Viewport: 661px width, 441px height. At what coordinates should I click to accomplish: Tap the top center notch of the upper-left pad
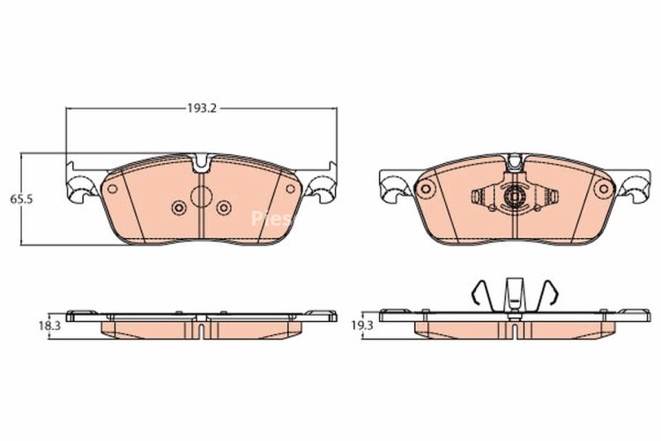(202, 162)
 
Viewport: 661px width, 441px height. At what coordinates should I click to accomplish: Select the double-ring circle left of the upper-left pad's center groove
(179, 208)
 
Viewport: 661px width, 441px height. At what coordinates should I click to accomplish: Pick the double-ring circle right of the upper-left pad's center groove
(224, 208)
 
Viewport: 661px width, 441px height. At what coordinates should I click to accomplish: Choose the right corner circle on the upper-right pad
(603, 188)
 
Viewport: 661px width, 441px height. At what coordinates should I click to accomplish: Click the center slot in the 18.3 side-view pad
(202, 329)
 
